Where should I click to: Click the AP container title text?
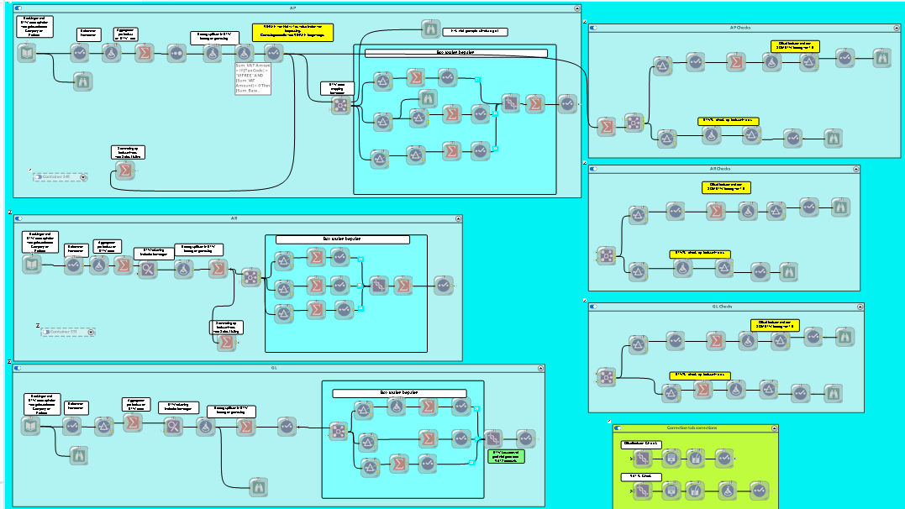click(x=292, y=8)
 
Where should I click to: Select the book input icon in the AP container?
click(x=28, y=54)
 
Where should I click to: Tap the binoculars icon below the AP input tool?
click(x=82, y=81)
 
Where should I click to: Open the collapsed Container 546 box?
click(x=61, y=177)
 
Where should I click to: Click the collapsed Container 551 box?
click(x=68, y=332)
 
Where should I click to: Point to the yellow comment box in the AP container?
click(x=292, y=32)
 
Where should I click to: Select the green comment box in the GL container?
click(x=507, y=456)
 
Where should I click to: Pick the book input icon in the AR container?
click(x=31, y=265)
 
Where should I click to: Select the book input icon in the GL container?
click(x=31, y=426)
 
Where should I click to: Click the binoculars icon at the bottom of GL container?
click(x=259, y=485)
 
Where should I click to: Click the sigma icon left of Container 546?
click(x=124, y=171)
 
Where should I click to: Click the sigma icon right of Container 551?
click(x=225, y=342)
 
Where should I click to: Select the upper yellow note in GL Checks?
click(x=775, y=324)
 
